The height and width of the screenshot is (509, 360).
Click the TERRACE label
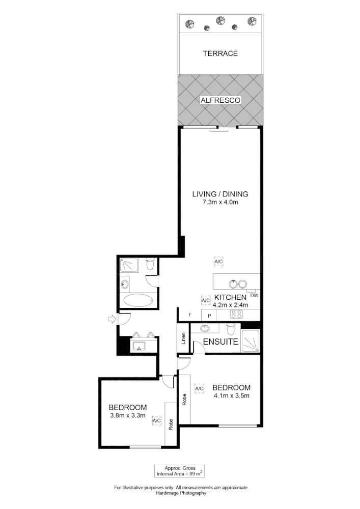coord(220,53)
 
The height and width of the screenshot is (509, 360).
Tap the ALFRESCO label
coord(220,100)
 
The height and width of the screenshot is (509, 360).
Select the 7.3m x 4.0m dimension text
coord(220,202)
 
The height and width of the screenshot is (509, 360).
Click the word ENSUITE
coord(220,342)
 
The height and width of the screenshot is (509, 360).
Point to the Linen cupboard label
coord(183,338)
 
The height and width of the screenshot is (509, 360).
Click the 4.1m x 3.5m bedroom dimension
coord(231,395)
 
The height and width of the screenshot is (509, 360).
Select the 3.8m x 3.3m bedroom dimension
coord(128,415)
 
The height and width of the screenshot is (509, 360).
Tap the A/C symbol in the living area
coord(219,262)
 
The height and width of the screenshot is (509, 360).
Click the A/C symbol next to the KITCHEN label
coord(206,300)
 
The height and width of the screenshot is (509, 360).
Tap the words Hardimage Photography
coord(181,493)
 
